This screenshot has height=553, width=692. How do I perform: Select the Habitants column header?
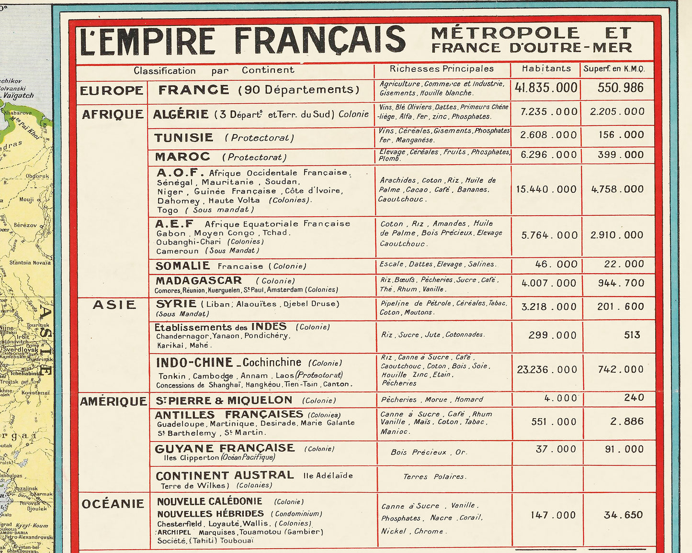pos(546,68)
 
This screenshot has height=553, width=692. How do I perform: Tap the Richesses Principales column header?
pos(442,69)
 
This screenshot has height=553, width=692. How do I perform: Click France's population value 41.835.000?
pos(546,88)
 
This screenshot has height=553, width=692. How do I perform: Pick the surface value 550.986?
pos(620,88)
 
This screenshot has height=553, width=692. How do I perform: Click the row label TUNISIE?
pos(184,138)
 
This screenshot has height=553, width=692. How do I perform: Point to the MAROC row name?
pos(182,157)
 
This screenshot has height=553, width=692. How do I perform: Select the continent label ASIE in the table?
pos(114,305)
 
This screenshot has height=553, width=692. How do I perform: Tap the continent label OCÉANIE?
pos(113,504)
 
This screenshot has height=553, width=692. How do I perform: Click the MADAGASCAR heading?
pos(199,280)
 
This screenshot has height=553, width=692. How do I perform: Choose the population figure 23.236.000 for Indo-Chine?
pos(547,370)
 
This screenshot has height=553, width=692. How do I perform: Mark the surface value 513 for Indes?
pos(632,335)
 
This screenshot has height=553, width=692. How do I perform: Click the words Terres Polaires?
pos(434,476)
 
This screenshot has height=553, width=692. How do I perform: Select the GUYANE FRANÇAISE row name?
pos(225,448)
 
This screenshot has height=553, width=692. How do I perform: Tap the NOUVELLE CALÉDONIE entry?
pos(210,501)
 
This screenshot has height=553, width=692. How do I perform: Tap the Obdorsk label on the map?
pos(37,176)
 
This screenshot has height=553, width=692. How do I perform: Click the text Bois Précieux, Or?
pos(428,452)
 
